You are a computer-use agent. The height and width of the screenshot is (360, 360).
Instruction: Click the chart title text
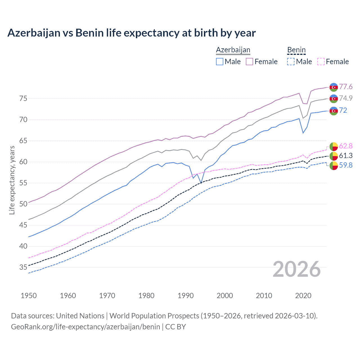tap(131, 33)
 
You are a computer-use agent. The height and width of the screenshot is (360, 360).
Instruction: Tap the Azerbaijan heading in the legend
tap(233, 50)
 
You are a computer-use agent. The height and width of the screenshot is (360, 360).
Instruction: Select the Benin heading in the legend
tap(296, 50)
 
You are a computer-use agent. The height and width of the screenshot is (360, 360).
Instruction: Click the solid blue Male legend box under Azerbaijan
tap(220, 62)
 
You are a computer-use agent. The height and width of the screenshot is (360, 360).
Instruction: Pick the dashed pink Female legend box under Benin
tap(321, 62)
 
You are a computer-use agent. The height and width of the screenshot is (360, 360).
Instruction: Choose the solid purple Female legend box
tap(249, 62)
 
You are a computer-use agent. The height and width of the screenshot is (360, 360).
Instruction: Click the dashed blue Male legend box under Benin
tap(291, 62)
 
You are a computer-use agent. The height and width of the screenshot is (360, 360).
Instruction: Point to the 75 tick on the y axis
tap(23, 98)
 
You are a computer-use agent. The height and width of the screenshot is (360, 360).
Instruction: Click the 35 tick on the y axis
tap(23, 267)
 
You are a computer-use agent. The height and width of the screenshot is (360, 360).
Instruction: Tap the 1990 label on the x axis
tap(186, 296)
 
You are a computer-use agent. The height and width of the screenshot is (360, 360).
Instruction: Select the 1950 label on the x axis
tap(29, 296)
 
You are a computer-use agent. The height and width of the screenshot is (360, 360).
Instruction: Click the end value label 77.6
tap(346, 87)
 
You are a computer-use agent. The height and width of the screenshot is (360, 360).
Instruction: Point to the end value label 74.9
tap(346, 98)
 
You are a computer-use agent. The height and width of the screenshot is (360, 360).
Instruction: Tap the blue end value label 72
tap(343, 110)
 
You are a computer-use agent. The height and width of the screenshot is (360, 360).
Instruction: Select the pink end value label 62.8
tap(346, 146)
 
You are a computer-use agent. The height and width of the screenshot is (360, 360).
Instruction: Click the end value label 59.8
tap(346, 165)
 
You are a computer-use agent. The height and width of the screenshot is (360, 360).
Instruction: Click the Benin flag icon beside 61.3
tap(334, 156)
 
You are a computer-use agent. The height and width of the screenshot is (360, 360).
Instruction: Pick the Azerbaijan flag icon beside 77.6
tap(334, 87)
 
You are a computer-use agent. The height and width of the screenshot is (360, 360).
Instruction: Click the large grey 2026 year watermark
tap(296, 269)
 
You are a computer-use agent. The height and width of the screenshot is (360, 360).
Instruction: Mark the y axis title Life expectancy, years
tap(12, 180)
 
